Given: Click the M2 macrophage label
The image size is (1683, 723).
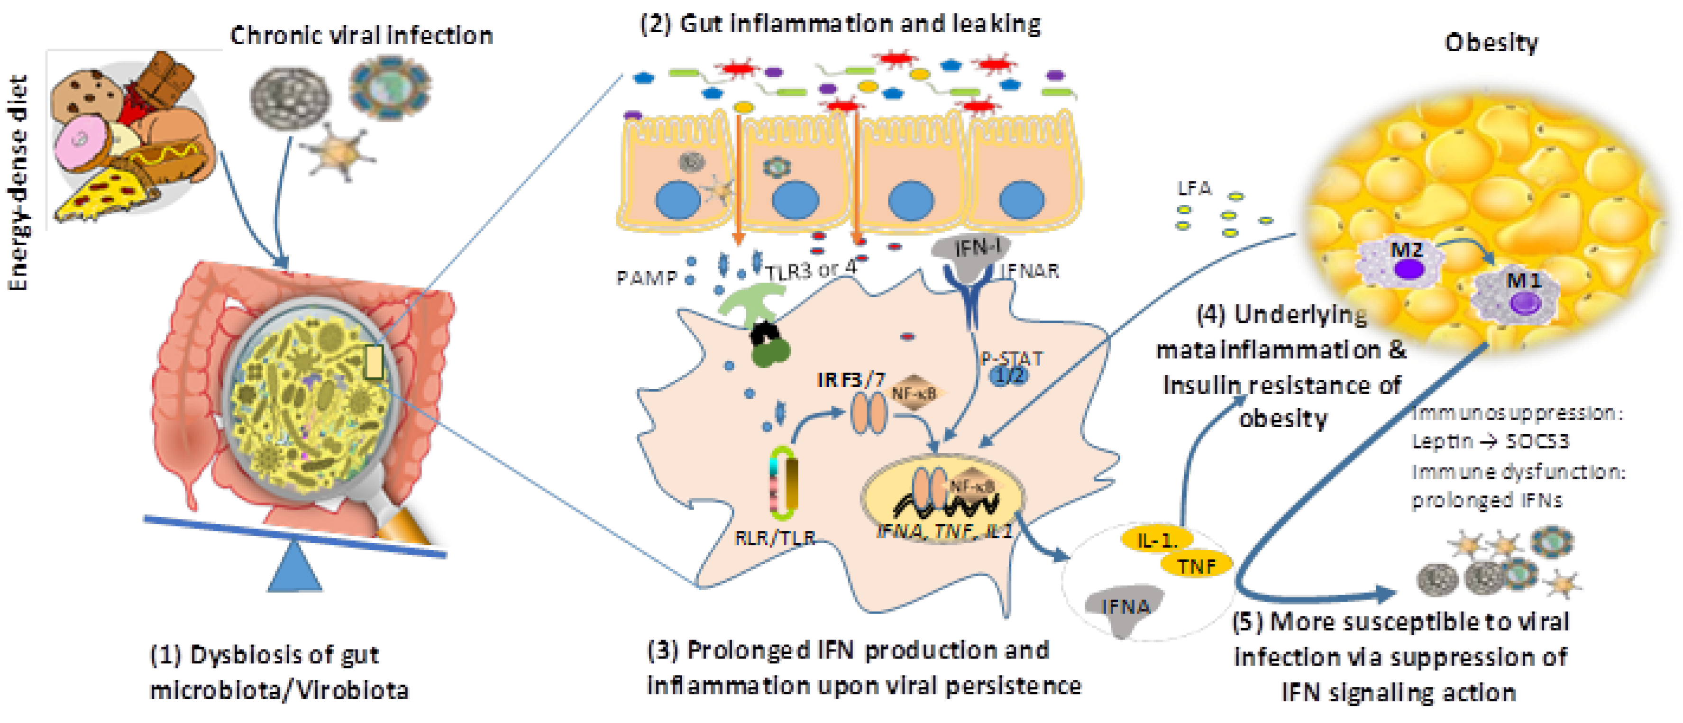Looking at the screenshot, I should pos(1406,250).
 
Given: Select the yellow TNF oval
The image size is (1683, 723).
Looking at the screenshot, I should pos(1196,566).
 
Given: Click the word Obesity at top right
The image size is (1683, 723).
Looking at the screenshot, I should pos(1491,43).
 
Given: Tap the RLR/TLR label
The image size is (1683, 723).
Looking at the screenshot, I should pos(775,538).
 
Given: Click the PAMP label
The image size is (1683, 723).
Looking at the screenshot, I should pos(646,279).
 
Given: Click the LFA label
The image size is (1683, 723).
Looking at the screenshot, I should pos(1194,189).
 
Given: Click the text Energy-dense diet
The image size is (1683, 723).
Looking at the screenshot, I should pos(19,183).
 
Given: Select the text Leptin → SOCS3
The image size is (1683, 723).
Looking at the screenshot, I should pos(1490,441).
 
